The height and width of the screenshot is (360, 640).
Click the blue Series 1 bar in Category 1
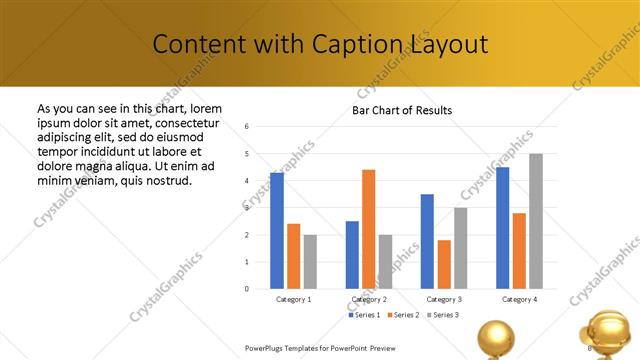pos(277,231)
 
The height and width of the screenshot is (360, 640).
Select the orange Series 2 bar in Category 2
pos(368,229)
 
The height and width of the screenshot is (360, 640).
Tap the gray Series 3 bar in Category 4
pos(536,221)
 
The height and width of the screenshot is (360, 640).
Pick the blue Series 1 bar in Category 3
pos(427,241)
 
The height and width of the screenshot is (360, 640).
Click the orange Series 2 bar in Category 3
pos(444,264)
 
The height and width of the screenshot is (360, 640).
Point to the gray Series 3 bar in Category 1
pos(311,262)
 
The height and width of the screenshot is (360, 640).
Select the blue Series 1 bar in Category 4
pos(502,228)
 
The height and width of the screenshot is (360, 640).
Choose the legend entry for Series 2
pos(402,315)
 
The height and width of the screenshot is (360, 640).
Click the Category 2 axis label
pos(369,299)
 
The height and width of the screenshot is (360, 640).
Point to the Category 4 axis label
pos(519,299)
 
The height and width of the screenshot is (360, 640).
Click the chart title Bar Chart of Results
pos(402,110)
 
